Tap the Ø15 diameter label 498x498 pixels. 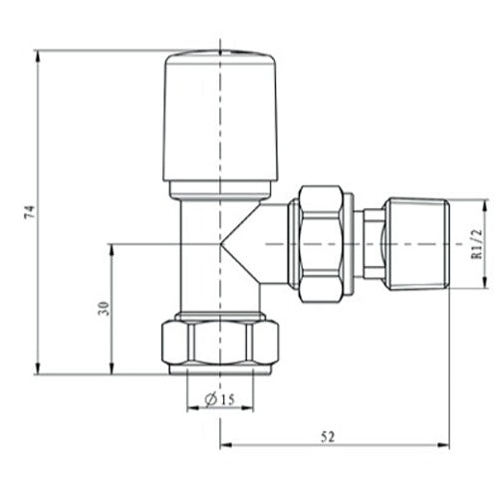coord(220,400)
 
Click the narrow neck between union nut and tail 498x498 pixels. coord(371,243)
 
